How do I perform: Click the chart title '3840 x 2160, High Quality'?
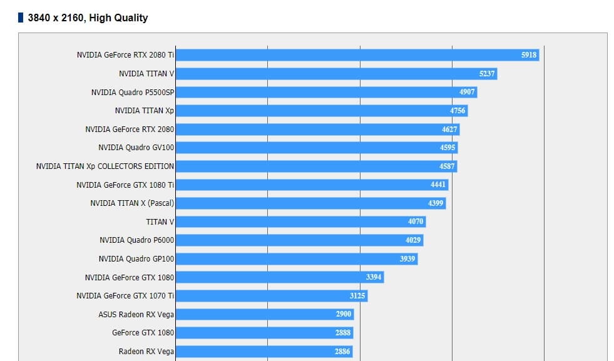[x=88, y=18]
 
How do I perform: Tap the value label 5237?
[x=487, y=74]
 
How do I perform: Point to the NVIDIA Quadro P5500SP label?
[x=132, y=93]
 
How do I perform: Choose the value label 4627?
[x=449, y=130]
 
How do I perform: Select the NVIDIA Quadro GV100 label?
[x=136, y=148]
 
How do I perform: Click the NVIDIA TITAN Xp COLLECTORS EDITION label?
[x=105, y=166]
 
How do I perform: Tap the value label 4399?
[x=436, y=203]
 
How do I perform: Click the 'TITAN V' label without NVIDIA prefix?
[x=160, y=221]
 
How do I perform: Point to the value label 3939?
[x=407, y=259]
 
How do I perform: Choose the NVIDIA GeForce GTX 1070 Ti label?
[x=125, y=296]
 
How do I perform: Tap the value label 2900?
[x=343, y=314]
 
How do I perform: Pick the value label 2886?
[x=342, y=352]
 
